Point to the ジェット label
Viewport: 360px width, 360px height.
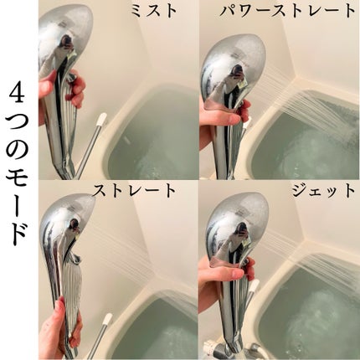(321, 191)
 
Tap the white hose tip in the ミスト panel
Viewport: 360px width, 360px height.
(101, 121)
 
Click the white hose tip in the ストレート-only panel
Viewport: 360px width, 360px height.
(107, 319)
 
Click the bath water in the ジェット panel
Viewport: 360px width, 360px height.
(314, 310)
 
